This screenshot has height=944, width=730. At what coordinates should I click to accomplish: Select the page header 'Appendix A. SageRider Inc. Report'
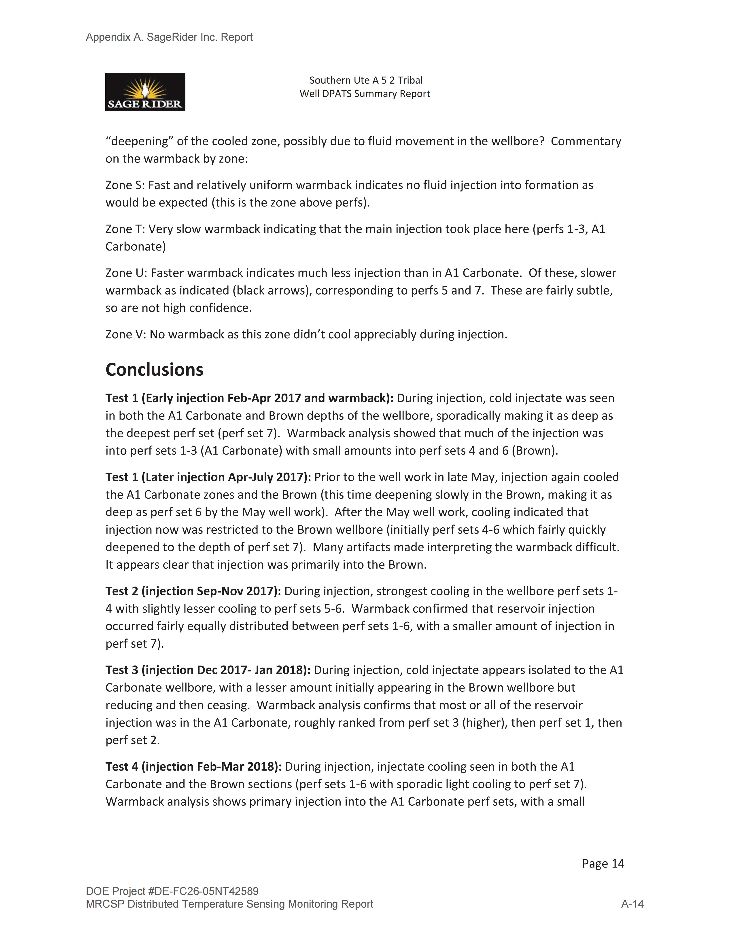tap(169, 37)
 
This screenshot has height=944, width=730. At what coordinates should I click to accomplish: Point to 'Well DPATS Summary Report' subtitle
tap(365, 94)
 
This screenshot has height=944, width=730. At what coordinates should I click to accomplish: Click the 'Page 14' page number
tap(603, 864)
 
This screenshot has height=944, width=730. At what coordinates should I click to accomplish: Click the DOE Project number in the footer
tap(172, 891)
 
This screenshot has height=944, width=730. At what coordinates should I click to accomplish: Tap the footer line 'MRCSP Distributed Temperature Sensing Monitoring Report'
tap(229, 904)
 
